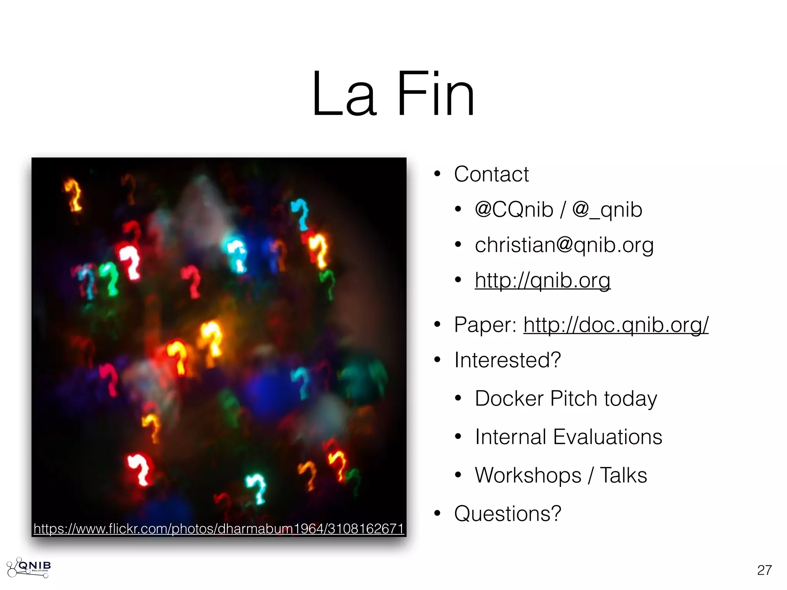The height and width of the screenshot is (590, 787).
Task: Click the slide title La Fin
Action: point(393,94)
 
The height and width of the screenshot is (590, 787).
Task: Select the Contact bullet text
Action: point(491,174)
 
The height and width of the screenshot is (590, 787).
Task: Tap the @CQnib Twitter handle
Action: point(514,210)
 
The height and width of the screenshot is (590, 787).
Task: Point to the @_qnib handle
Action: point(607,210)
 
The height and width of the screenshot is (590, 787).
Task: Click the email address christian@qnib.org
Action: point(564,245)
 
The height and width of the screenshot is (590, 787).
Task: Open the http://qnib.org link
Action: point(542,280)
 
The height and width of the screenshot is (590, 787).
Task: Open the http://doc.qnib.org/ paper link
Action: point(616,325)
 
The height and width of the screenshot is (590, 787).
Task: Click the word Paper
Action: point(485,325)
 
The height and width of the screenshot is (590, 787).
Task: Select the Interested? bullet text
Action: point(507,360)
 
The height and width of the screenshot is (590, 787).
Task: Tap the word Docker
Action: point(509,399)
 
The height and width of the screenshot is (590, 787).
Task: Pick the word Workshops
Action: point(528,476)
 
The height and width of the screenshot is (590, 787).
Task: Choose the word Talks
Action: point(623,476)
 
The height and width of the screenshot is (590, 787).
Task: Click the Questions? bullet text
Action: point(507,514)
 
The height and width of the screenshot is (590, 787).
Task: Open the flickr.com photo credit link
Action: point(219,529)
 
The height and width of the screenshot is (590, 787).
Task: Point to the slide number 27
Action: point(764,570)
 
